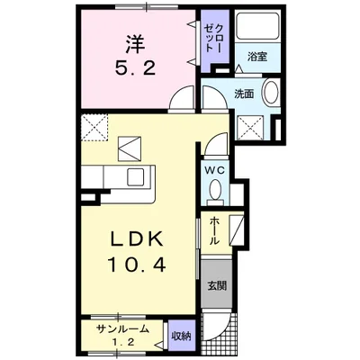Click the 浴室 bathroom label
coord(257,57)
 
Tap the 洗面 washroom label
coord(243,94)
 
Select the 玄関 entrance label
coord(217,288)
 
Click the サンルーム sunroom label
coord(122,330)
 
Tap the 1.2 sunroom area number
coord(125,343)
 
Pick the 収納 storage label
coord(181,337)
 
